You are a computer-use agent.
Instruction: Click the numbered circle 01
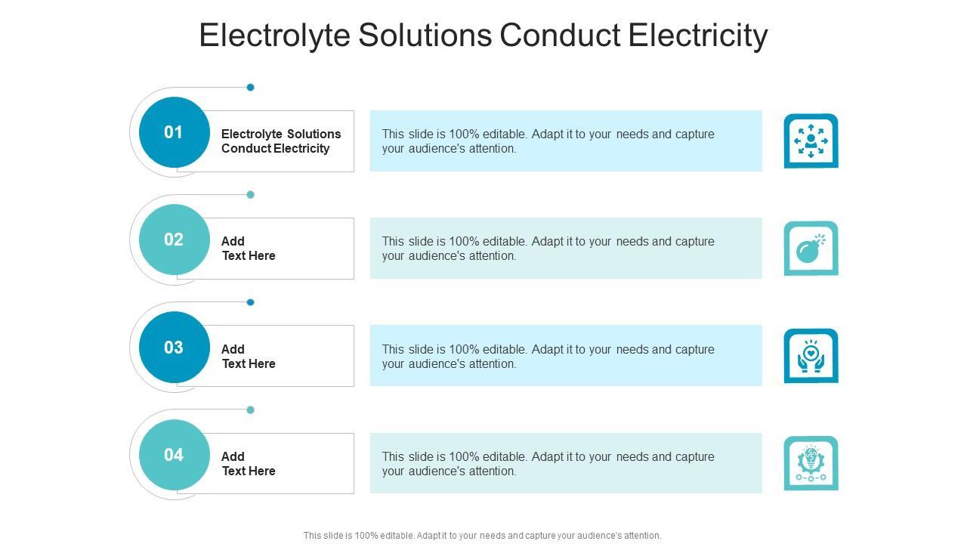(174, 132)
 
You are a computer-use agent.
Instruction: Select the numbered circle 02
(174, 240)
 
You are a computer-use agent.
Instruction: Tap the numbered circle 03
(174, 348)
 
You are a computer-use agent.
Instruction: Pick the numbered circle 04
(174, 455)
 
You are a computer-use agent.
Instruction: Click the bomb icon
(811, 249)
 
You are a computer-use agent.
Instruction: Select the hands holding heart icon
(811, 356)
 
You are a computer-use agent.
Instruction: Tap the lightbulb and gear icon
(811, 463)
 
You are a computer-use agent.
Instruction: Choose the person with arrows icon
(811, 141)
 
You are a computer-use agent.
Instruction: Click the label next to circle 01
(281, 141)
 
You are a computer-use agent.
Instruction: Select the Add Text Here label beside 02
(249, 249)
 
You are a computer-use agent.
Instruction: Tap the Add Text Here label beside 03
(249, 357)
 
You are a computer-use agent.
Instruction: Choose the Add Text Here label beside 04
(249, 464)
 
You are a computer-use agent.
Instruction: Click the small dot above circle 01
(251, 88)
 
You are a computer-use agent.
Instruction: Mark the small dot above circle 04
(251, 410)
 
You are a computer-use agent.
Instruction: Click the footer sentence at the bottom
(483, 536)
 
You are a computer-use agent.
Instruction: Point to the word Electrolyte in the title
(274, 36)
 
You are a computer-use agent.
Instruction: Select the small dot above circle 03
(251, 302)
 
